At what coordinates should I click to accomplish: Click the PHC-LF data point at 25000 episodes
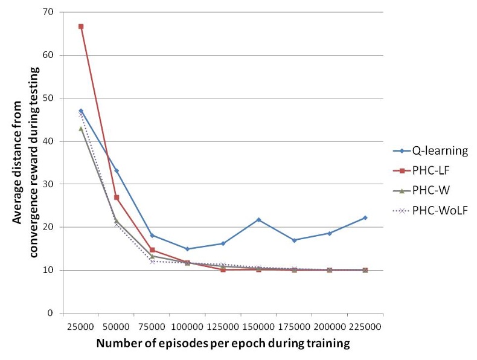point(81,27)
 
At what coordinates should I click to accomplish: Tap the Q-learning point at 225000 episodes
point(365,217)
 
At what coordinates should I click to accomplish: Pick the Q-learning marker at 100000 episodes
point(187,249)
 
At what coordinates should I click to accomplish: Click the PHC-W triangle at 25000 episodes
point(81,129)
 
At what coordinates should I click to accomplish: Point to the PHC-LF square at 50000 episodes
point(117,198)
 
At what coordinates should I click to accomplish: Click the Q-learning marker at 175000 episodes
point(294,240)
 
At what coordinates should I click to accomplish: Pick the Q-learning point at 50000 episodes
point(117,171)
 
